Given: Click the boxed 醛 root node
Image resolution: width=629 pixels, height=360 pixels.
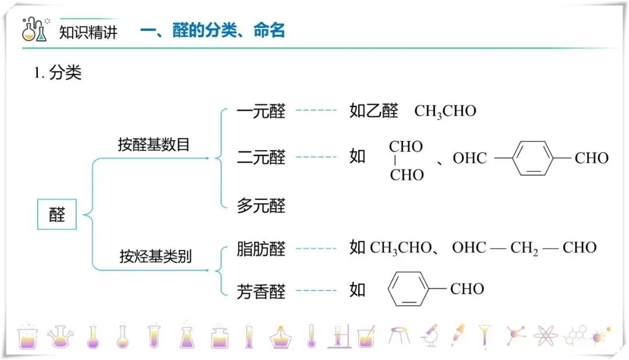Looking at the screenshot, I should (57, 215).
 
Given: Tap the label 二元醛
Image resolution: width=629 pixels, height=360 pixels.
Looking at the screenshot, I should (261, 157).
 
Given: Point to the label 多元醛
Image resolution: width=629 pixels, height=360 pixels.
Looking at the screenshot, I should (261, 205).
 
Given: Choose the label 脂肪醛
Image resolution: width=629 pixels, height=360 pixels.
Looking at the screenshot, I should (261, 249).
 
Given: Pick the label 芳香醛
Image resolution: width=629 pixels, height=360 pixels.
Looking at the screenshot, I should (261, 290).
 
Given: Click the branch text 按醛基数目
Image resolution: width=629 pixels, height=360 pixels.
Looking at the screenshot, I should (154, 144).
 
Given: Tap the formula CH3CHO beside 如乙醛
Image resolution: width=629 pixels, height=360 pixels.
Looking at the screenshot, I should (445, 111).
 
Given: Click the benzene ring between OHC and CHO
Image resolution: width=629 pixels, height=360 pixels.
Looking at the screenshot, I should (533, 158).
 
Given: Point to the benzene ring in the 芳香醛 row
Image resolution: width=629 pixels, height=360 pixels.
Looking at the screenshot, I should (409, 288).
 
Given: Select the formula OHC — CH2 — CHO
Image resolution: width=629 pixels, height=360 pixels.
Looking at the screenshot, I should (524, 248).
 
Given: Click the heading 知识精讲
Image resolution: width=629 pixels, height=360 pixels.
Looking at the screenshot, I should (89, 31).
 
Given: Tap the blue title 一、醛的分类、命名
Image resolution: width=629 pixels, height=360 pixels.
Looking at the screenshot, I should (213, 30).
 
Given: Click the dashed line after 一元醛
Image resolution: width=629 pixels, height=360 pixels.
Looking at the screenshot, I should (316, 110).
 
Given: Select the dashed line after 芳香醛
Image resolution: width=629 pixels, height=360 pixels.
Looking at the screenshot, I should (316, 290).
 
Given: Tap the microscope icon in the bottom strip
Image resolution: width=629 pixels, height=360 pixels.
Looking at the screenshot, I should (430, 335).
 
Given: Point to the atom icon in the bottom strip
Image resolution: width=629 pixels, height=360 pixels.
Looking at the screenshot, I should (545, 336).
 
